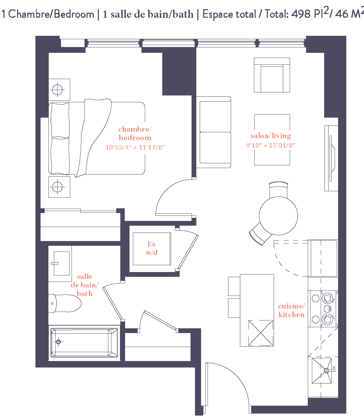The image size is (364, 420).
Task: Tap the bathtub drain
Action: tap(58, 342)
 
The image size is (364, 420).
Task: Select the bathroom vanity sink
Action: tap(61, 264)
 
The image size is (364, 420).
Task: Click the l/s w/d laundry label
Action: tap(152, 248)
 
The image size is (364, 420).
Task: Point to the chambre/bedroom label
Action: tap(135, 133)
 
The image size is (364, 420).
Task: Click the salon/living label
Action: tap(271, 136)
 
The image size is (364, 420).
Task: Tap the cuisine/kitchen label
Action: tap(291, 310)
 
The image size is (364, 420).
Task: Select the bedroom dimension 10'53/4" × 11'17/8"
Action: tap(135, 148)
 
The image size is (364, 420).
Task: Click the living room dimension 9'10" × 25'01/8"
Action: tap(271, 145)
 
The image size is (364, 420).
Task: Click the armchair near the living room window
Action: tap(272, 75)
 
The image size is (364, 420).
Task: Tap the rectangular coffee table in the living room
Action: tap(272, 140)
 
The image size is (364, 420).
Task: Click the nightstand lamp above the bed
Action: tap(57, 90)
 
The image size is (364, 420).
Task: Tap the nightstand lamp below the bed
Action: tap(57, 187)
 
